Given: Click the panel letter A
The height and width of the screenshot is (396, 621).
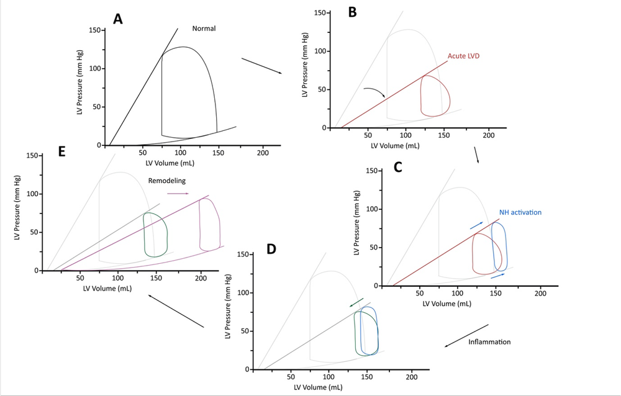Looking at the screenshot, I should [x=117, y=19].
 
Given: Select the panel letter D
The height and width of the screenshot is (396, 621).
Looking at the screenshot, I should [x=271, y=249].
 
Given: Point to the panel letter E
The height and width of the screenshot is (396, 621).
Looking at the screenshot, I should [x=62, y=152].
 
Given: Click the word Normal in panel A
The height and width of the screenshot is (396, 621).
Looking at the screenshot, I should [x=204, y=29].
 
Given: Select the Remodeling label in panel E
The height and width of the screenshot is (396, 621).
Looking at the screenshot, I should [x=167, y=181].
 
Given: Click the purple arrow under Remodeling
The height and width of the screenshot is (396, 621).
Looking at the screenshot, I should [x=178, y=194].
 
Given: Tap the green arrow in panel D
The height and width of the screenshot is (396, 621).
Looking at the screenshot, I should [x=356, y=302].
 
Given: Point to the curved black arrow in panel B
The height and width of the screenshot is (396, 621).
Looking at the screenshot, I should [x=374, y=92].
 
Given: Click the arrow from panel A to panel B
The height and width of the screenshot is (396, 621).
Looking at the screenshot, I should [x=261, y=66].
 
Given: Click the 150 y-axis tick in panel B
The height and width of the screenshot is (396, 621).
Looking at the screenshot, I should [x=321, y=12].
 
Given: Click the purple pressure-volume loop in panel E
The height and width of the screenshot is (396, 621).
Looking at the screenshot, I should [x=210, y=224].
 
